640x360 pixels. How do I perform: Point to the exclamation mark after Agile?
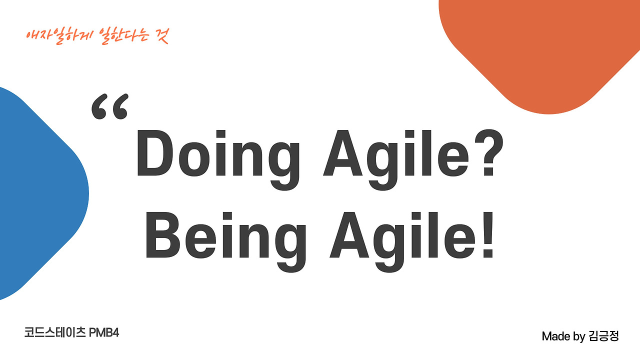pos(488,235)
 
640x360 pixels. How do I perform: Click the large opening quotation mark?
pos(110,106)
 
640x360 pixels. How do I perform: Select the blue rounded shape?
pos(43,193)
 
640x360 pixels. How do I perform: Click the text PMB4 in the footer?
pos(104,333)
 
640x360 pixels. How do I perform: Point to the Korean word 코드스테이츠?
pos(55,332)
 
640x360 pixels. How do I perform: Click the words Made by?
pos(563,336)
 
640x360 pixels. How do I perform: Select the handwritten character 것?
pos(162,35)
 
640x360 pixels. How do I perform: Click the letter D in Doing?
pos(155,152)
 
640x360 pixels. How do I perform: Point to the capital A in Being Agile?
pos(349,235)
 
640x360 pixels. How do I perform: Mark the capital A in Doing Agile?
pos(342,152)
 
